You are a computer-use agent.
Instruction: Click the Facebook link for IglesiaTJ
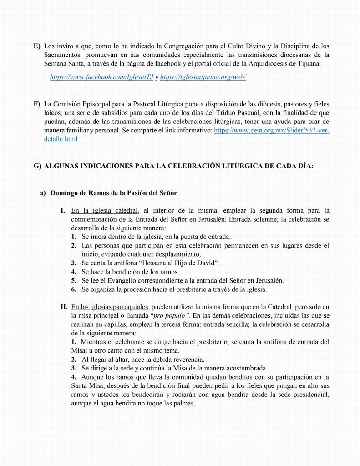[101, 77]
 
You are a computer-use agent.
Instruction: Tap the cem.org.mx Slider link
[271, 130]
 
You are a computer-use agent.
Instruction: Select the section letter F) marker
[36, 104]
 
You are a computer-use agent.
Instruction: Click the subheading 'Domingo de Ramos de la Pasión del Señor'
[113, 193]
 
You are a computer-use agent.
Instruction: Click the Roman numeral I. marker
[63, 211]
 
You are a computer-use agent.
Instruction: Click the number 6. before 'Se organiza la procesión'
[73, 289]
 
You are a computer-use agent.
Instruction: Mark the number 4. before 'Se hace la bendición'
[73, 272]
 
